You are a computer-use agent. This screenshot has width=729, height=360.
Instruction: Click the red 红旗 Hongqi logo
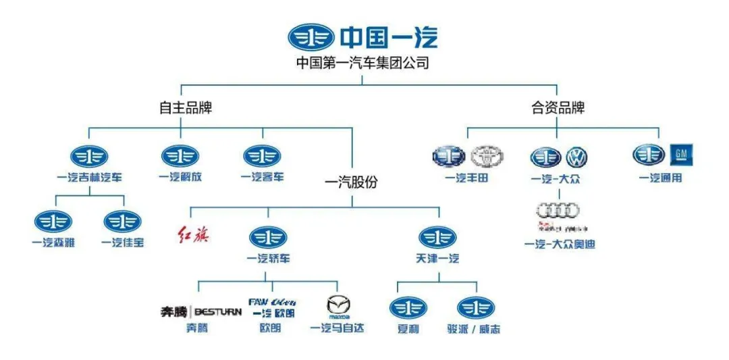tap(193, 235)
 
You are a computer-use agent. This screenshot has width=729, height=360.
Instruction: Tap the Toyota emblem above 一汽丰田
tap(487, 157)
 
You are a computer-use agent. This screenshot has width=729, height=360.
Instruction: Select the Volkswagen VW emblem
tap(576, 157)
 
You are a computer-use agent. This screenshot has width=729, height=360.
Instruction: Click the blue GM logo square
tap(680, 155)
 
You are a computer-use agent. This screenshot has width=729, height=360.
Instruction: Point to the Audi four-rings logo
tap(558, 211)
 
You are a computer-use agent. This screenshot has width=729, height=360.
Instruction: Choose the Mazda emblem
tap(339, 307)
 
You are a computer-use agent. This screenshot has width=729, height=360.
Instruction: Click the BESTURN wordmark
tap(218, 311)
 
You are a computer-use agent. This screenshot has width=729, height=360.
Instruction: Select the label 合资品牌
tap(558, 107)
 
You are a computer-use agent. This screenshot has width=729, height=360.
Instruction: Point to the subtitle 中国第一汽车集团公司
tap(362, 63)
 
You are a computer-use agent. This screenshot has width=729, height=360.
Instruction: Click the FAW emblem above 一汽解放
tap(180, 156)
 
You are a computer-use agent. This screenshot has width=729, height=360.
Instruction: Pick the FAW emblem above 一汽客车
tap(262, 156)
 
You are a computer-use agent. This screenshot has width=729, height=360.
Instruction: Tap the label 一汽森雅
tap(53, 242)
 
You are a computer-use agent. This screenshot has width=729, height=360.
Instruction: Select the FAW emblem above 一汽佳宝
tap(122, 221)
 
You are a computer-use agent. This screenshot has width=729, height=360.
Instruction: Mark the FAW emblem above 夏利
tap(408, 307)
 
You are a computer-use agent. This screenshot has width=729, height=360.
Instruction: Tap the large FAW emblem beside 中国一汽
tap(310, 36)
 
